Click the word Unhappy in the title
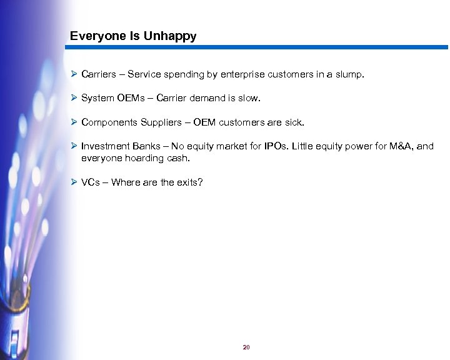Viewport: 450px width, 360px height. (x=170, y=36)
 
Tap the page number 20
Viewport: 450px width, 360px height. (x=246, y=347)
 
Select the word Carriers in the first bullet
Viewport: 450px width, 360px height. (x=99, y=74)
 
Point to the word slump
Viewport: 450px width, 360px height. (x=349, y=74)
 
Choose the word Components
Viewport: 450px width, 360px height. (x=109, y=122)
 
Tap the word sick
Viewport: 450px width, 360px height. (x=292, y=122)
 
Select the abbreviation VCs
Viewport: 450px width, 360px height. (x=91, y=182)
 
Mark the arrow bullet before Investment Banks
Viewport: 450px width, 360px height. (x=74, y=146)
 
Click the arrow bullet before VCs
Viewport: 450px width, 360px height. (x=74, y=182)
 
